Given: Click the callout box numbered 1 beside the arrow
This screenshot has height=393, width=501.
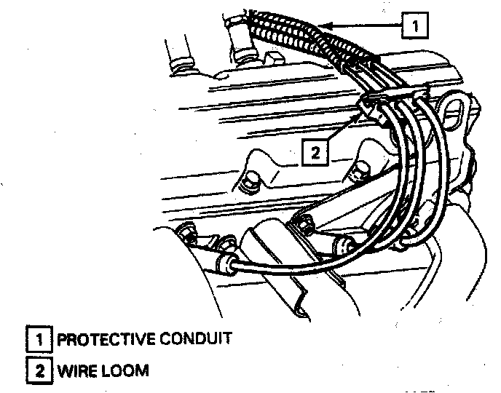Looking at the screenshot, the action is pyautogui.click(x=414, y=26).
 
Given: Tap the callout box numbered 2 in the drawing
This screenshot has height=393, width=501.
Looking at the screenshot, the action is pyautogui.click(x=315, y=152).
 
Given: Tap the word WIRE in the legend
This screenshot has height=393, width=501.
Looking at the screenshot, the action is pyautogui.click(x=75, y=370).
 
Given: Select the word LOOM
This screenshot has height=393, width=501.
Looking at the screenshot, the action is pyautogui.click(x=125, y=370).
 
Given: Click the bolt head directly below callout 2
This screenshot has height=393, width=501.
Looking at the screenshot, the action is pyautogui.click(x=358, y=173).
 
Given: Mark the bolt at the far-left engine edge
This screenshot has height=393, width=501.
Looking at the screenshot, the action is pyautogui.click(x=186, y=233).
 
